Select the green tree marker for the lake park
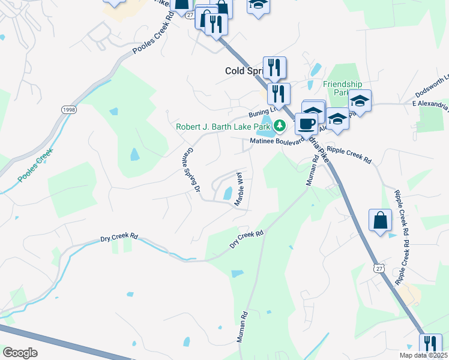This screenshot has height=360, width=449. [279, 126]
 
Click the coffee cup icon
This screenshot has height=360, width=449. [306, 124]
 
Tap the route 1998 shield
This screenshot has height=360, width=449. [68, 110]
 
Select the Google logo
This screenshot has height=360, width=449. [20, 352]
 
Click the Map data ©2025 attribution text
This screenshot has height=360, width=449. [424, 355]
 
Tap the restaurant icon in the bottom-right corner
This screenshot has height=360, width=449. [430, 344]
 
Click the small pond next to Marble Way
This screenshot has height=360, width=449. [228, 194]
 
